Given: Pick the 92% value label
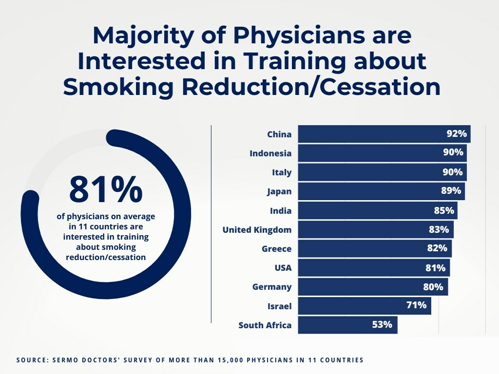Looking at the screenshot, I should (x=457, y=134).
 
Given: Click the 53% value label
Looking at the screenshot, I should (x=382, y=325).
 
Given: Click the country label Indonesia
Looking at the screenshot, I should (x=270, y=153).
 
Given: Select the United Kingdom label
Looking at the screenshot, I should (x=257, y=230).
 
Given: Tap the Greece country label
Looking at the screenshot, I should (x=276, y=249).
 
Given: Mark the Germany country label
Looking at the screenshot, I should (x=272, y=287).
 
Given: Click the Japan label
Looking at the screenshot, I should (x=279, y=191).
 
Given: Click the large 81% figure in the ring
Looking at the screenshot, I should (x=106, y=189).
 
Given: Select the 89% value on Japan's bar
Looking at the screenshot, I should (x=451, y=191).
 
